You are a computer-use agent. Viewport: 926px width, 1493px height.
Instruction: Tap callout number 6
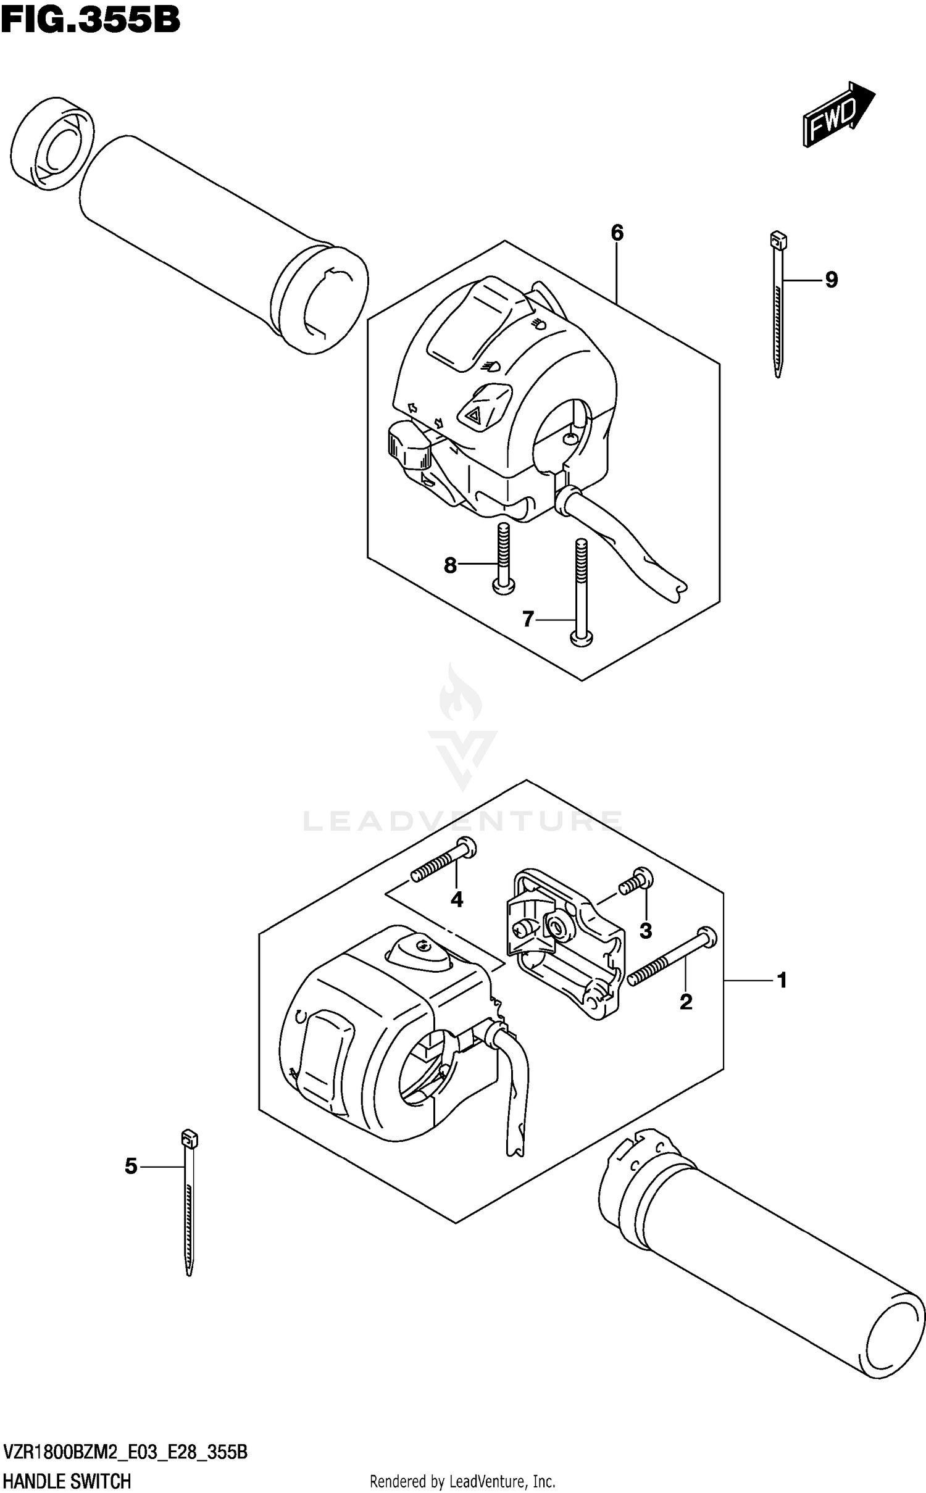tap(617, 233)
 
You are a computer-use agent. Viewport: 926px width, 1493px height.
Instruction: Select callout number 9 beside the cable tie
tap(831, 280)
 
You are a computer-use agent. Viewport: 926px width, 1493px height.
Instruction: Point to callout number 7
tap(527, 618)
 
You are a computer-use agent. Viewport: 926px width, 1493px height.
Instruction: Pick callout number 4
tap(456, 899)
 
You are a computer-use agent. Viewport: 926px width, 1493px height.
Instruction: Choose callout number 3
tap(645, 930)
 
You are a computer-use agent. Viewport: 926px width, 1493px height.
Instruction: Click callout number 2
tap(685, 1002)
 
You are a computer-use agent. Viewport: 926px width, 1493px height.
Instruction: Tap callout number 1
tap(782, 979)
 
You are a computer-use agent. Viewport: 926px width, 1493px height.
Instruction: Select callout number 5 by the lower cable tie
tap(131, 1166)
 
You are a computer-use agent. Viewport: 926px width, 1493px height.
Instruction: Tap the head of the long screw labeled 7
tap(580, 640)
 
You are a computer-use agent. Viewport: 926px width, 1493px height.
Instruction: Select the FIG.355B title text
tap(90, 20)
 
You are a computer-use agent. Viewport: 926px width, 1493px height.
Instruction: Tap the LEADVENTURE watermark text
tap(462, 821)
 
